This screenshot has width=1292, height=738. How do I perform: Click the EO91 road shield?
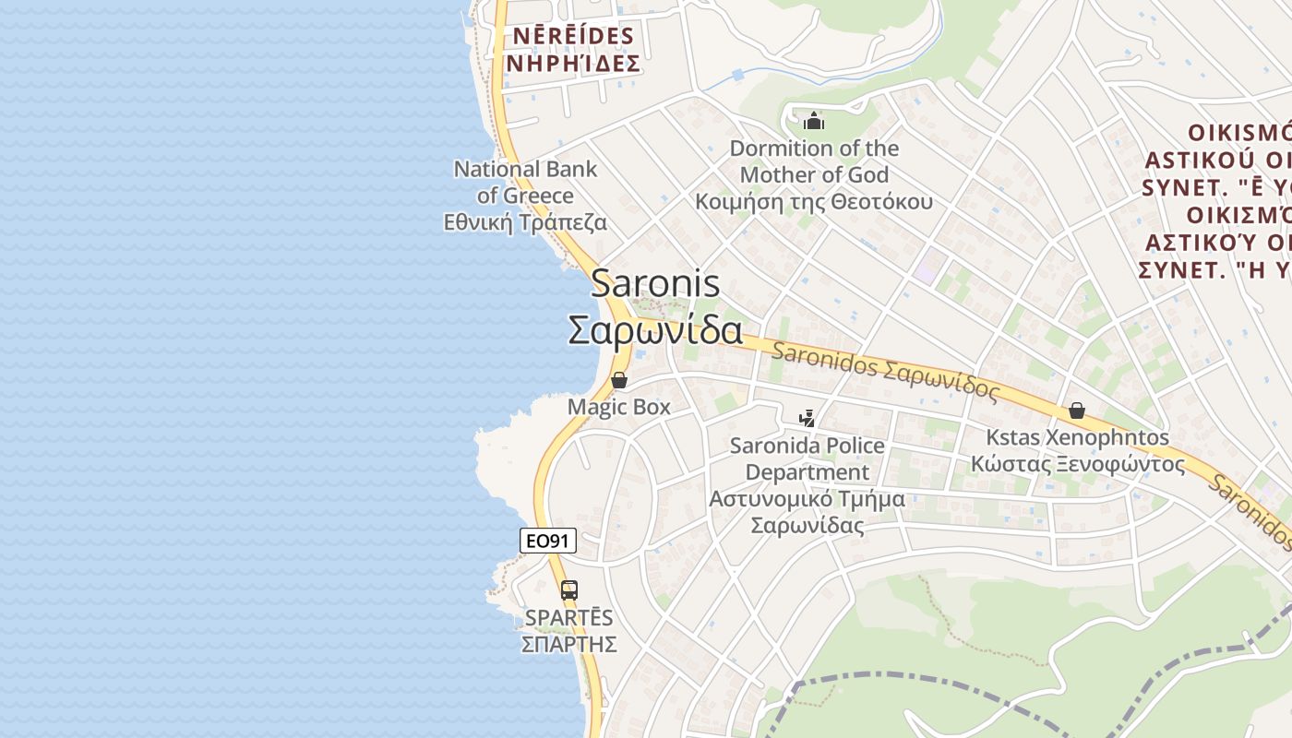(548, 541)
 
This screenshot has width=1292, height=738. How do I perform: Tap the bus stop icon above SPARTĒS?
(569, 589)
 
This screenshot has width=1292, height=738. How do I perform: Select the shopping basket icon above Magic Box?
(619, 380)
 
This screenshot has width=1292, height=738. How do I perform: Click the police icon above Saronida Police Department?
(807, 418)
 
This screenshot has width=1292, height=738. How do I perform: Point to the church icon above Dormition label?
(813, 121)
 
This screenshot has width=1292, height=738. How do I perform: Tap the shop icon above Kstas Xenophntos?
(1076, 411)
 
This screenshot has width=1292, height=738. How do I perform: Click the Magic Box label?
(619, 407)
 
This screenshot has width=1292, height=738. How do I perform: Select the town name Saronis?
(655, 283)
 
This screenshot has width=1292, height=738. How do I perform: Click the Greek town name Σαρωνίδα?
(655, 329)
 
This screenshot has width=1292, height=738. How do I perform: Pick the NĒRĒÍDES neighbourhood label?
(573, 37)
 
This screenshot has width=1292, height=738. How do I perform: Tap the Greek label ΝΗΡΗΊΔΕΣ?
(573, 64)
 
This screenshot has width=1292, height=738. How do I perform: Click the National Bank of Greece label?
(525, 182)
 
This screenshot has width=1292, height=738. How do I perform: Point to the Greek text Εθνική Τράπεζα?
(525, 222)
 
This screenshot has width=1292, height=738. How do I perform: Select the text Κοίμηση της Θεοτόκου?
(813, 202)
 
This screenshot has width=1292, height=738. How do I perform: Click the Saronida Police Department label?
(807, 458)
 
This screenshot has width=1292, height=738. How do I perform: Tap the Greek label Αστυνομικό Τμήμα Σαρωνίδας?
(807, 512)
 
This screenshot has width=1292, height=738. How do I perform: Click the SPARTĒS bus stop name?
(568, 617)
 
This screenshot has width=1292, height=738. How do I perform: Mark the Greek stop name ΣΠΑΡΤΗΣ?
(568, 644)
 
